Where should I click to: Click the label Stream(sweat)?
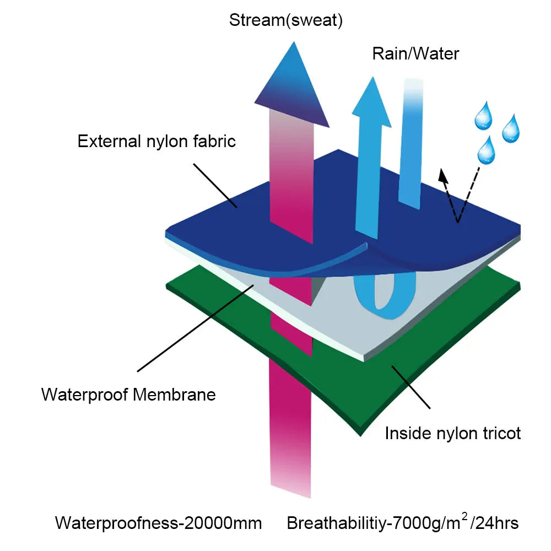point(286,21)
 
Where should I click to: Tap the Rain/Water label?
point(415,53)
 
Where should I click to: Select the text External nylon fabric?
point(156,141)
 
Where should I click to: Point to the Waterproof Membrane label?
point(128,395)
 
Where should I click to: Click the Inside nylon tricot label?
point(452,433)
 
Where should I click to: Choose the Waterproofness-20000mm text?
point(158,522)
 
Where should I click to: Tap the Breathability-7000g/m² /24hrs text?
point(402,522)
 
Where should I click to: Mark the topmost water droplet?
point(485,116)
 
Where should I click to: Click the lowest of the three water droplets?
point(486,150)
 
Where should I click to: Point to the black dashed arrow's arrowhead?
point(442,175)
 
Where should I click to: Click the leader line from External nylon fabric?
point(215,185)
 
